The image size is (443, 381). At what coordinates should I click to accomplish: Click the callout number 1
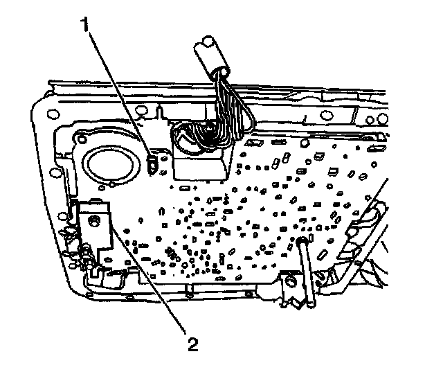[x=85, y=26]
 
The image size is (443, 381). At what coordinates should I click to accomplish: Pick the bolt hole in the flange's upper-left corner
[x=49, y=112]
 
